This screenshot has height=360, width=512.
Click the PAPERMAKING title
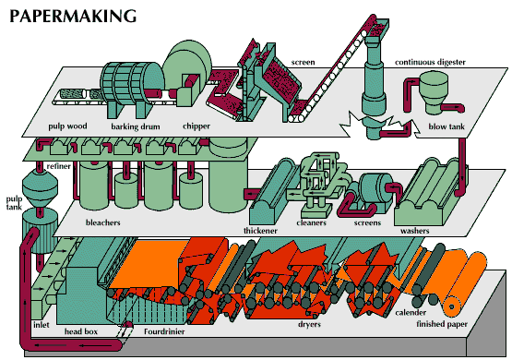tap(73, 16)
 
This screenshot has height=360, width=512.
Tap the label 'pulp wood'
tap(67, 126)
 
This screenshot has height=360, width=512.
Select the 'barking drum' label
tap(136, 126)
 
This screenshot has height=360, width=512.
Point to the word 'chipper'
tap(196, 126)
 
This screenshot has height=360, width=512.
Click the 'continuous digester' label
tap(430, 62)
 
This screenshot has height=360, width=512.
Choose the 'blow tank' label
tap(447, 126)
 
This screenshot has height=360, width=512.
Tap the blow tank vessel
tap(433, 92)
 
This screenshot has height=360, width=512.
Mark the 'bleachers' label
tap(102, 222)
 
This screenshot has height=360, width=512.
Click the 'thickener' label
tap(260, 231)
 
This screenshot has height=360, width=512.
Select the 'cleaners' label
tap(312, 222)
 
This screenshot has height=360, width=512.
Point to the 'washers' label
tap(415, 231)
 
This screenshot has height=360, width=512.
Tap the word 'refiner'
tap(59, 166)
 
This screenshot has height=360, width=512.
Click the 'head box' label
tap(81, 331)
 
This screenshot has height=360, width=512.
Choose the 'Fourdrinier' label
tap(164, 331)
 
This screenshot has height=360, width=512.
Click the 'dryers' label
tap(309, 324)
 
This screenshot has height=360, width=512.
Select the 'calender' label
tap(411, 313)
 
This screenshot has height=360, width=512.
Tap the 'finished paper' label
tap(442, 324)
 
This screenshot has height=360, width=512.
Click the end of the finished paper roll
tap(452, 306)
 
